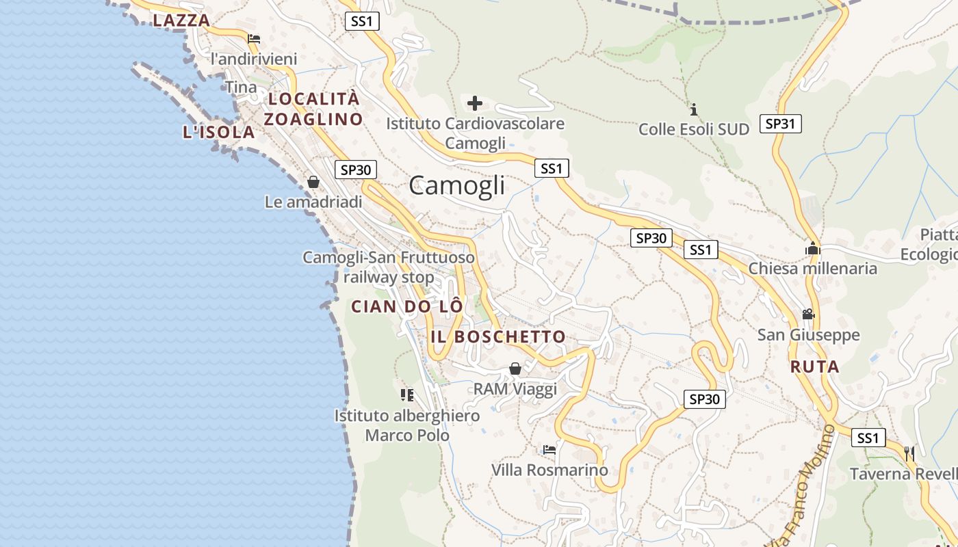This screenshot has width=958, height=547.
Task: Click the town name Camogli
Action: point(457,185)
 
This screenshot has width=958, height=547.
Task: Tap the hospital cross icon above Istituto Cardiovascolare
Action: point(475,103)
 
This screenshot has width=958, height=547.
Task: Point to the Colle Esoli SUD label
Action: point(694,129)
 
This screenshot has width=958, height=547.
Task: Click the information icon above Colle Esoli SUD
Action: point(694,109)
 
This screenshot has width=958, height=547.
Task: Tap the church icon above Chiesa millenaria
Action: point(812,248)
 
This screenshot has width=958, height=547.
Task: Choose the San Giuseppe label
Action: point(808,335)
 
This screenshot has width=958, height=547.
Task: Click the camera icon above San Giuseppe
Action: point(808,315)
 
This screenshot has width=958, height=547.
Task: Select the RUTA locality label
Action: point(814,367)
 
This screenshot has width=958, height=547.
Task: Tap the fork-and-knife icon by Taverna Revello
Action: point(909,453)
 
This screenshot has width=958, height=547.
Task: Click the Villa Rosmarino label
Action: point(549,470)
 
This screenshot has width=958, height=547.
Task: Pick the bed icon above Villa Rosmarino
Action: point(549,450)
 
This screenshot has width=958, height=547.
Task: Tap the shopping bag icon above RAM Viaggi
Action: point(515,369)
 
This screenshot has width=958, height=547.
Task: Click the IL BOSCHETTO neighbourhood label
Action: point(498,336)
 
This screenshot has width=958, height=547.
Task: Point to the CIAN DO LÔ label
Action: point(407,306)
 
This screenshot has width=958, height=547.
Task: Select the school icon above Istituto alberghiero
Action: point(407,395)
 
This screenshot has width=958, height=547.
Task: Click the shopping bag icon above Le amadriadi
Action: point(313,182)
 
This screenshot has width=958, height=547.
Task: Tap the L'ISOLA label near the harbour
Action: point(219,133)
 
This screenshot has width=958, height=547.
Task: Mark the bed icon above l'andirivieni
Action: point(254,39)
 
